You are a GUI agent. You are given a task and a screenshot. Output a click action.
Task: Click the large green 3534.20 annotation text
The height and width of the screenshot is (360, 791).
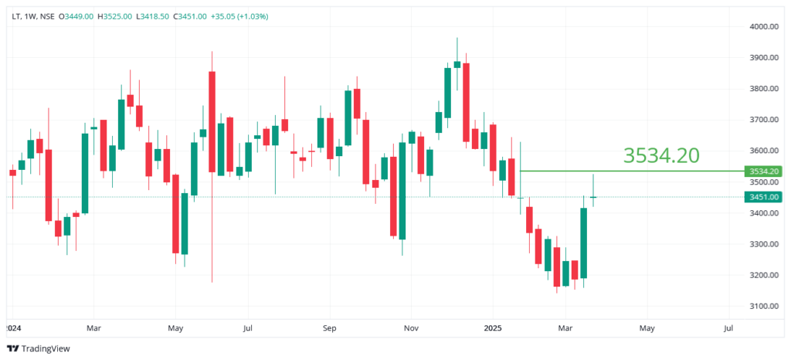click(661, 155)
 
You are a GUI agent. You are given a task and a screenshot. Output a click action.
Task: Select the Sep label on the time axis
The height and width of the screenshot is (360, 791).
click(329, 328)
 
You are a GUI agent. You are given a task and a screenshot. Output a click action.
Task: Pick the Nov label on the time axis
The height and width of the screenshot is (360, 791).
click(410, 328)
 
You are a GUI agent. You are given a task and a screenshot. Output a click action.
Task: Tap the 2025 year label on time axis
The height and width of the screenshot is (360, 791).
click(492, 328)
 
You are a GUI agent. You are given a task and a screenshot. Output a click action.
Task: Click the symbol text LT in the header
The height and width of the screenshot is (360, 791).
click(17, 16)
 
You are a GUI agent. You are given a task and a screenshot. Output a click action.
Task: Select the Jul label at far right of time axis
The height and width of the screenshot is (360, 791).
click(728, 328)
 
